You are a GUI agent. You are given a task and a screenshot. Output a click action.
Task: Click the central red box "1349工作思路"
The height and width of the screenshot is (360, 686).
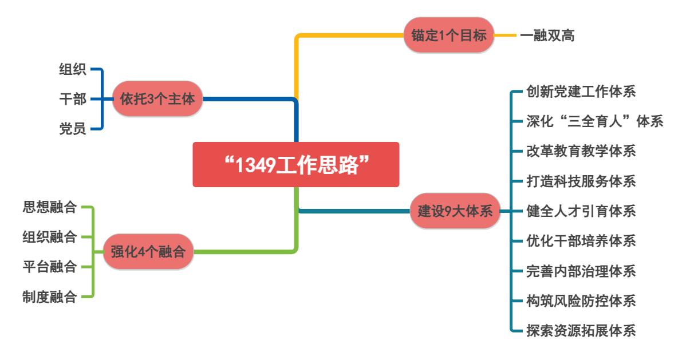(x=295, y=165)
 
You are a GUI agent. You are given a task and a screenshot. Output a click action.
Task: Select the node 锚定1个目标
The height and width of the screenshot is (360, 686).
(x=448, y=35)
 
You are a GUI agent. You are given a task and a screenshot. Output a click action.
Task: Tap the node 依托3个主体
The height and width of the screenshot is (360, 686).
(x=157, y=99)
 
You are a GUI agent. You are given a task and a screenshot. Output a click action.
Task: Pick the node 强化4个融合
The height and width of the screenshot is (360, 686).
(x=148, y=251)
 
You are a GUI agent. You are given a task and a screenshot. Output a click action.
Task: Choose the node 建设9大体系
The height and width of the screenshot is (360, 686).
(x=455, y=211)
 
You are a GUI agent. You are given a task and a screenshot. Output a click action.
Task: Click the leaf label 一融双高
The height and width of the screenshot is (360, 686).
(x=547, y=35)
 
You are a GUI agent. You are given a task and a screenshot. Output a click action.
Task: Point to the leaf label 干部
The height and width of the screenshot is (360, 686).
(x=73, y=99)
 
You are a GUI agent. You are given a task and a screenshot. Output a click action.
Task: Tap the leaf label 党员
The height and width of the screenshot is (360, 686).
(x=73, y=129)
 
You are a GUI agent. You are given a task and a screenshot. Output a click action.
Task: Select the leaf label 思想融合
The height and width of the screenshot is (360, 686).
(x=49, y=207)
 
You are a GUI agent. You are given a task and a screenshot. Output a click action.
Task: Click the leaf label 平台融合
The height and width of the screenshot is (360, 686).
(x=49, y=267)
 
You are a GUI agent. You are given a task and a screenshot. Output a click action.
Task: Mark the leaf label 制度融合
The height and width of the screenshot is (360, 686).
(x=49, y=296)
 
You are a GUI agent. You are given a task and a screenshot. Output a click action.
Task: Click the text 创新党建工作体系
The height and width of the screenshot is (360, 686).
(x=581, y=92)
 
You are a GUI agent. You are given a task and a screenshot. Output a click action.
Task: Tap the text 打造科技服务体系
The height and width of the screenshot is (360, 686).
(x=581, y=181)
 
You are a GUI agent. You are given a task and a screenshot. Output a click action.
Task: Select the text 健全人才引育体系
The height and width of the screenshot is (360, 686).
(x=581, y=211)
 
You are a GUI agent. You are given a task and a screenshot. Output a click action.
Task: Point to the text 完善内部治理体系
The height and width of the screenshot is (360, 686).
(x=581, y=271)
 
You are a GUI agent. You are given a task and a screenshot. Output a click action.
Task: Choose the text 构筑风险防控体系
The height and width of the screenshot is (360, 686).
(x=581, y=300)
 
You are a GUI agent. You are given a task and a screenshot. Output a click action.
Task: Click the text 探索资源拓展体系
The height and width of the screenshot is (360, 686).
(x=581, y=331)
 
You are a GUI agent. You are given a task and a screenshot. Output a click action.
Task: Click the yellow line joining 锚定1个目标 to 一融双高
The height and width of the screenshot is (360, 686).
(x=504, y=35)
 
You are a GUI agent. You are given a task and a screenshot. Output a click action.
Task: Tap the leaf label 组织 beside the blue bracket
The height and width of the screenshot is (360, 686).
(x=73, y=70)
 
